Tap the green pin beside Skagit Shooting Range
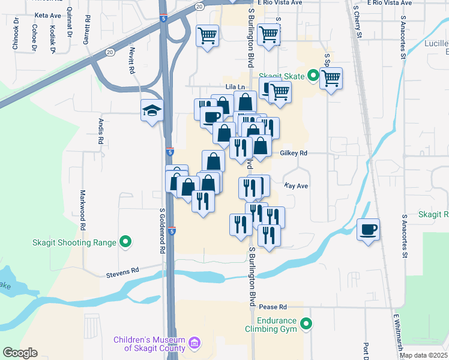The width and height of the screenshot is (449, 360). pos(125,242)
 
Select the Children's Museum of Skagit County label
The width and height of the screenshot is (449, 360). pos(150,344)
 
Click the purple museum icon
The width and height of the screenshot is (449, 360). pos(194,343)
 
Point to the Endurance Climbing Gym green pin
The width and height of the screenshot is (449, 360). pos(306,325)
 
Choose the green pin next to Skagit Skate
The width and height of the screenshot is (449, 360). pos(313,76)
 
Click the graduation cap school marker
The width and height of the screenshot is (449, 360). pos(151,111)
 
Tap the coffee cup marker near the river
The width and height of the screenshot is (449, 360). pos(368,229)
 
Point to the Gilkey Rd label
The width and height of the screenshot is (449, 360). pos(294,153)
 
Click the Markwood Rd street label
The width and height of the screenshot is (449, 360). pos(82,211)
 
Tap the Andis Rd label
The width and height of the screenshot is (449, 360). pos(100,131)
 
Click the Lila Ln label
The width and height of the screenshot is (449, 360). pos(232,87)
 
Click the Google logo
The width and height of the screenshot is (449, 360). pos(20,352)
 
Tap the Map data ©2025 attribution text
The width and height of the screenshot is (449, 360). pos(424,355)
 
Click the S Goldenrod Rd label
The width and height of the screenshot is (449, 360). pos(162,231)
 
